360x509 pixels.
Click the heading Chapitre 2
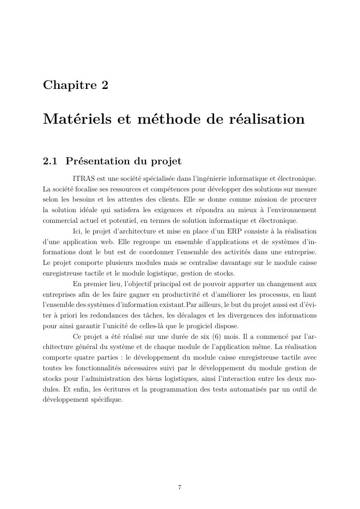tap(75, 85)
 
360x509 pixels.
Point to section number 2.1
tap(50, 161)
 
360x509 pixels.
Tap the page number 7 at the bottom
tap(180, 487)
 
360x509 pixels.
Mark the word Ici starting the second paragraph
tap(77, 232)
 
